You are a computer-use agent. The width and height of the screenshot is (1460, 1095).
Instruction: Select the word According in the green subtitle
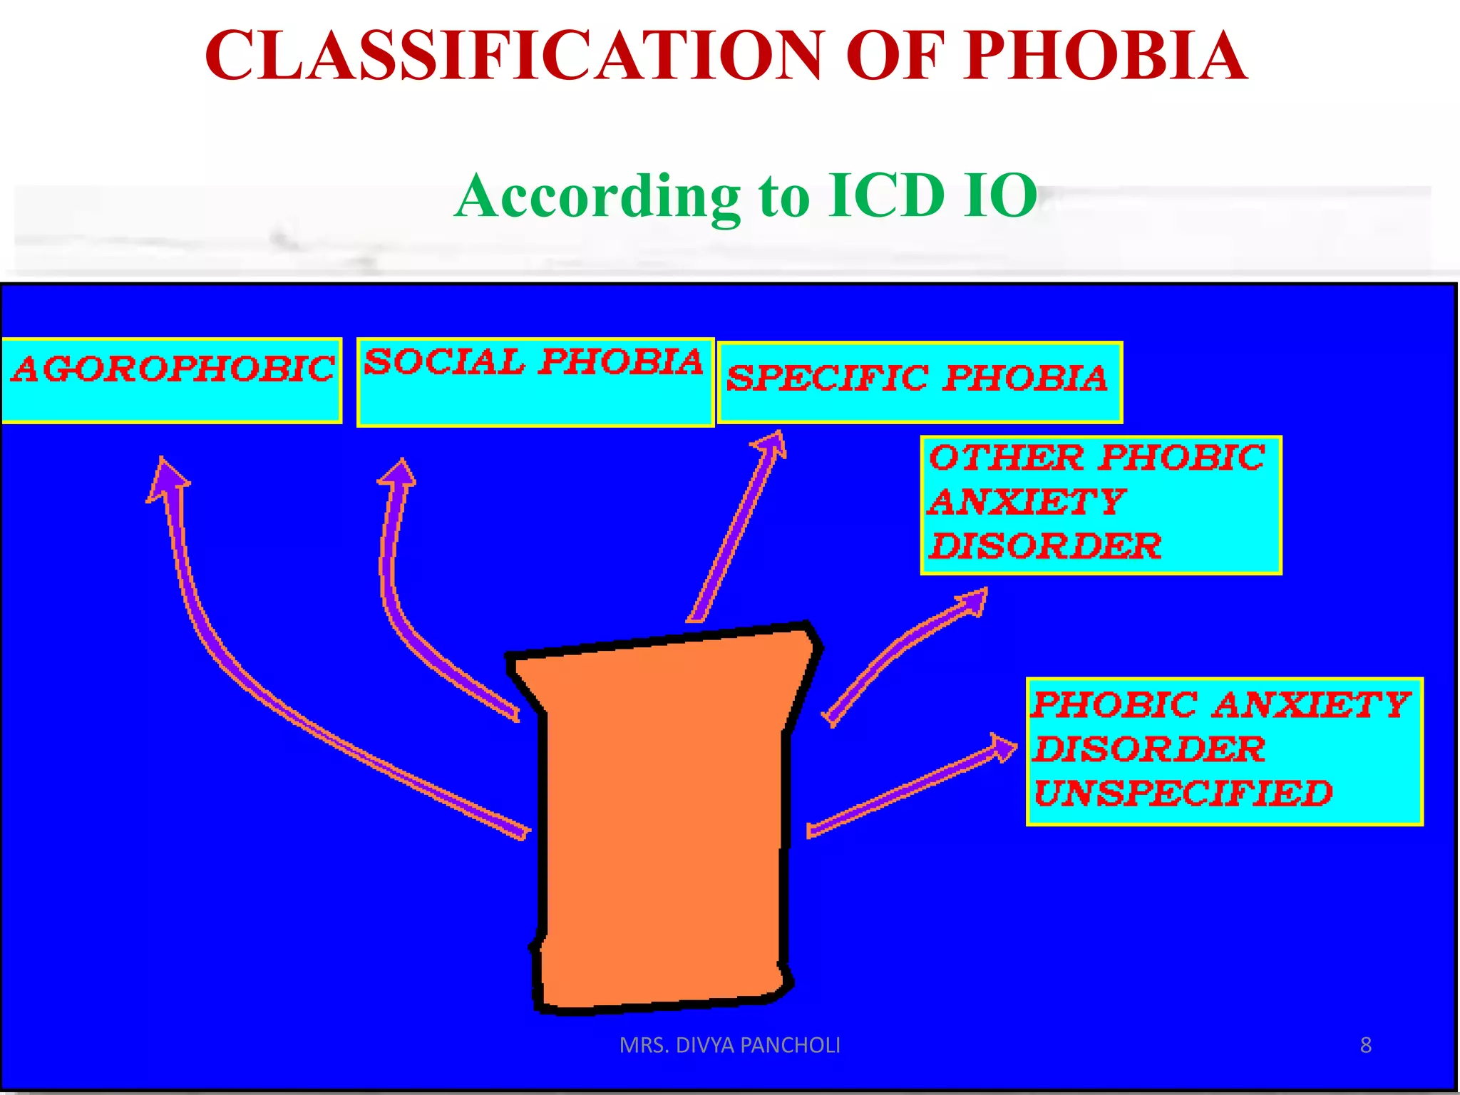coord(599,195)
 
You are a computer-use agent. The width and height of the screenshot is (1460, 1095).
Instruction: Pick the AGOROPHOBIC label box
coord(172,381)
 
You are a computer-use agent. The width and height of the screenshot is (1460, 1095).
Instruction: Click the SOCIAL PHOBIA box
coord(535,382)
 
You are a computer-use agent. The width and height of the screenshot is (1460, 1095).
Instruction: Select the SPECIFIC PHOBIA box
coord(920,382)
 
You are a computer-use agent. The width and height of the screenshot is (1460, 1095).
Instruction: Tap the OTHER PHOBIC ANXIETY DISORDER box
coord(1101,505)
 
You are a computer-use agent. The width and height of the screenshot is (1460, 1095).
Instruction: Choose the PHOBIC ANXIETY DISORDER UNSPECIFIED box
coord(1224,751)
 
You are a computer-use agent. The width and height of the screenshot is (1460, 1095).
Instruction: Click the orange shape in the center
coord(663,820)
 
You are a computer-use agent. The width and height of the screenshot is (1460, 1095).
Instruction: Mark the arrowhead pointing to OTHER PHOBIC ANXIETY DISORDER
coord(972,601)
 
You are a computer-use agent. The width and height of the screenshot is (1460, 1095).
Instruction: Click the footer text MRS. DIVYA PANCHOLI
coord(730,1045)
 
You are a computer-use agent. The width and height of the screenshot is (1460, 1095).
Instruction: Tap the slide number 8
coord(1365,1045)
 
